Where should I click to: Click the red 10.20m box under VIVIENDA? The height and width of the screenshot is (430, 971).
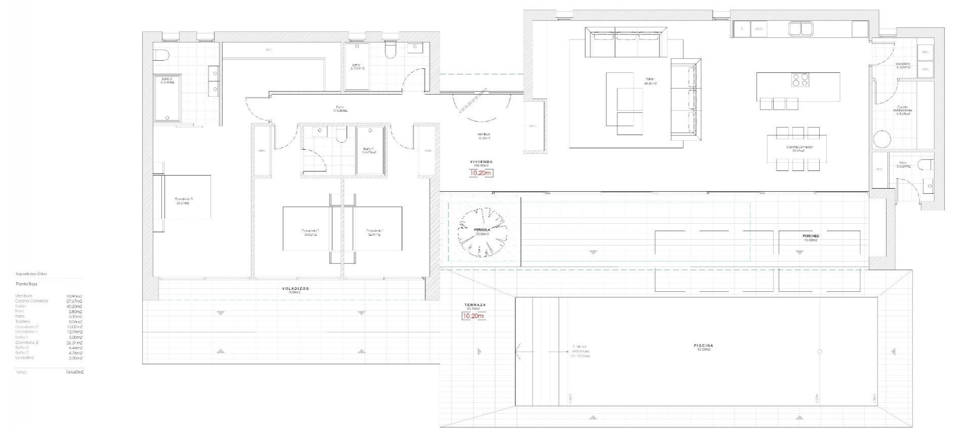click(x=480, y=173)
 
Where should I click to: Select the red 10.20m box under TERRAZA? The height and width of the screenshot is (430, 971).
click(x=473, y=316)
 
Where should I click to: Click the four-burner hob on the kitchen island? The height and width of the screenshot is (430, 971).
click(x=800, y=80)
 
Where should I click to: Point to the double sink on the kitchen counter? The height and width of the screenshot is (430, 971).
click(x=800, y=29)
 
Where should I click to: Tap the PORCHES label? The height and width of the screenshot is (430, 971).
click(x=811, y=236)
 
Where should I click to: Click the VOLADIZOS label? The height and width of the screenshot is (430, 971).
click(x=295, y=289)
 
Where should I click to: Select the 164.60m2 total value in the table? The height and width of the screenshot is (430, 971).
click(x=75, y=372)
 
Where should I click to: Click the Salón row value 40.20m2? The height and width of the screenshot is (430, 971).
click(x=74, y=306)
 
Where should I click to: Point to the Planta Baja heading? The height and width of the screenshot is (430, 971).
click(x=26, y=284)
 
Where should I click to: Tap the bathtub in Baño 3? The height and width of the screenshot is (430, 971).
click(x=167, y=99)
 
